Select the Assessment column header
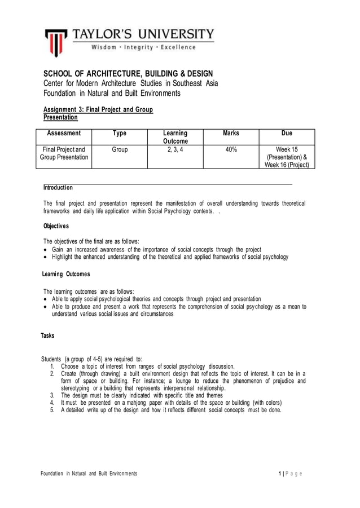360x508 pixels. (64, 134)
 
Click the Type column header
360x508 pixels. (120, 134)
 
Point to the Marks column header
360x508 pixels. (231, 134)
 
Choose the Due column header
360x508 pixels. (287, 134)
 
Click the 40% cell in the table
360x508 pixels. (231, 149)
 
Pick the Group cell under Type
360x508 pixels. (120, 149)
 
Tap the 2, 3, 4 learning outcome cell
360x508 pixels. (175, 149)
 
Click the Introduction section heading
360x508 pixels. (58, 187)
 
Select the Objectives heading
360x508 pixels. (56, 226)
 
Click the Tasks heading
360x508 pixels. (47, 335)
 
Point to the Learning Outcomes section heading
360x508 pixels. (66, 274)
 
